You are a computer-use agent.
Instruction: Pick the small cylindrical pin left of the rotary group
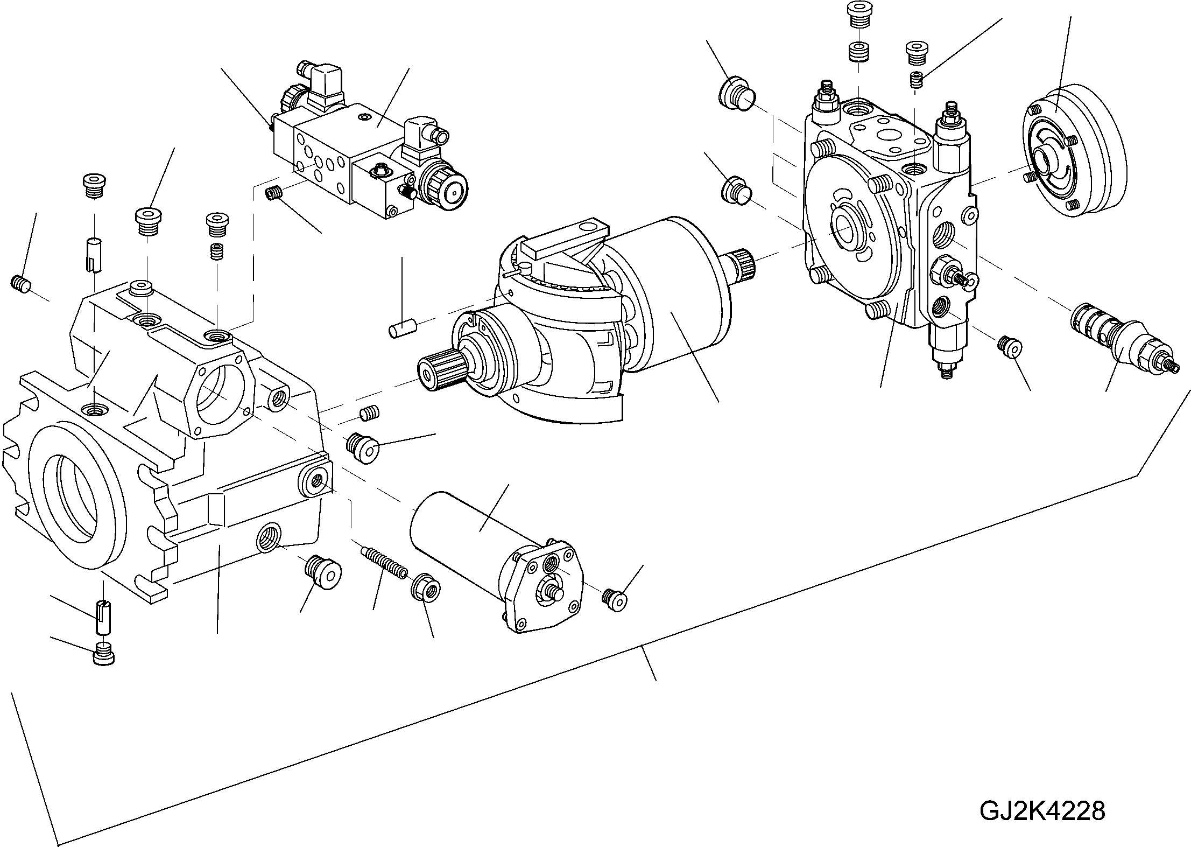[402, 328]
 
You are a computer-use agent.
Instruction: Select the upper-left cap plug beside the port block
[736, 95]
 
